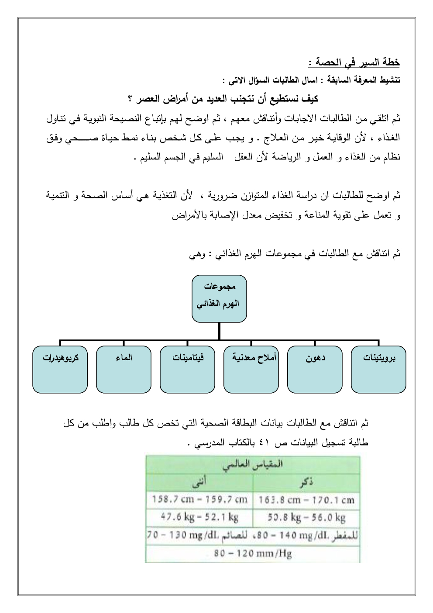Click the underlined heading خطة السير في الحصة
pyautogui.click(x=354, y=62)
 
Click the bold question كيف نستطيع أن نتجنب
pyautogui.click(x=223, y=99)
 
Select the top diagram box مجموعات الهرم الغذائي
pyautogui.click(x=219, y=298)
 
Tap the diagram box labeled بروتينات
pyautogui.click(x=379, y=369)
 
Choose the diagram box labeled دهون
pyautogui.click(x=315, y=369)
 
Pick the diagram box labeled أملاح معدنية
pyautogui.click(x=251, y=369)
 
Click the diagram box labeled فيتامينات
pyautogui.click(x=187, y=369)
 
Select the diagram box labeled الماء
pyautogui.click(x=124, y=369)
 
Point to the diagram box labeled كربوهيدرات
pyautogui.click(x=60, y=369)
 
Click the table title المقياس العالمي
pyautogui.click(x=253, y=464)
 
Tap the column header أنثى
pyautogui.click(x=199, y=482)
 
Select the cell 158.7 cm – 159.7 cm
pyautogui.click(x=199, y=499)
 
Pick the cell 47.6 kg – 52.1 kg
pyautogui.click(x=199, y=517)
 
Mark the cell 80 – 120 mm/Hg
pyautogui.click(x=253, y=554)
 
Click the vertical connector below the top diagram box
pyautogui.click(x=219, y=331)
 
